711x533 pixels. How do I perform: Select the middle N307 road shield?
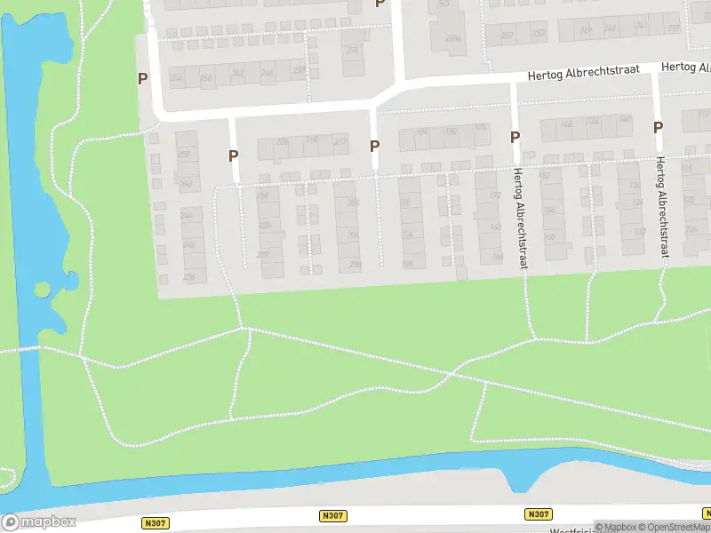[x=332, y=515]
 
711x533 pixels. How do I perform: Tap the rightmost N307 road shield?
[x=538, y=514]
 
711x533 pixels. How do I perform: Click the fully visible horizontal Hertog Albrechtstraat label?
[x=583, y=74]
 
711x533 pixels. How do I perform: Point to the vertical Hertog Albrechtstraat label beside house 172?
[x=519, y=209]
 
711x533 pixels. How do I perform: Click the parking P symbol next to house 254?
[x=142, y=78]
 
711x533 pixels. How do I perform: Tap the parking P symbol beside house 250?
[x=234, y=155]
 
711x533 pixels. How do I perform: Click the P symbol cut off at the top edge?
[x=380, y=4]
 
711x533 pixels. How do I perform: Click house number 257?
[x=507, y=36]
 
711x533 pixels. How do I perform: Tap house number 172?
[x=495, y=195]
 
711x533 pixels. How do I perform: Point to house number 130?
[x=638, y=232]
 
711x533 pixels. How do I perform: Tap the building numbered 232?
[x=353, y=49]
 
